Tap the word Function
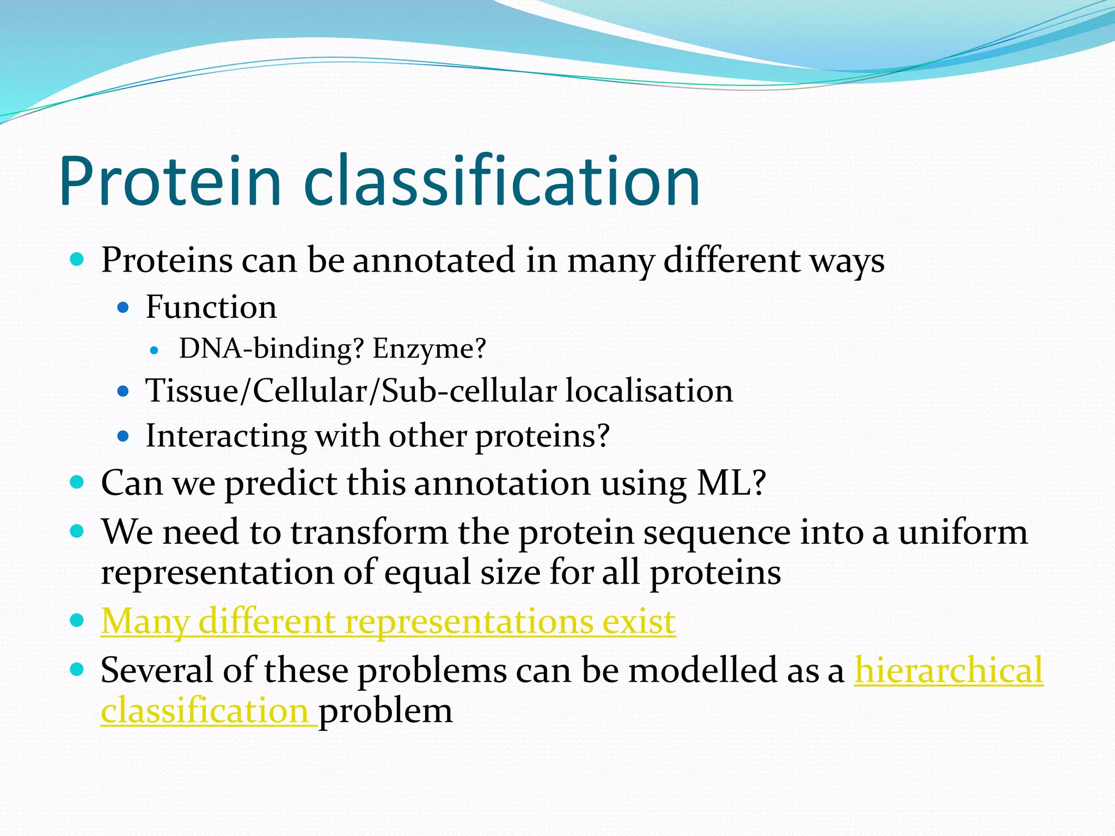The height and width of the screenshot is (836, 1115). point(211,307)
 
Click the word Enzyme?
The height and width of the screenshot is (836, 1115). point(429,348)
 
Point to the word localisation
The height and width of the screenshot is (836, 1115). point(648,391)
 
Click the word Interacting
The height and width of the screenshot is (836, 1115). point(226,436)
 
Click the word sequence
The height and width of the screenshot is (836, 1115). point(716,532)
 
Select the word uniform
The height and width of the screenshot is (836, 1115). point(963,532)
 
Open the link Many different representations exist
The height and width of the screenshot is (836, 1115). point(388,621)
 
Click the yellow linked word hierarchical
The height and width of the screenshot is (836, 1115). point(948,670)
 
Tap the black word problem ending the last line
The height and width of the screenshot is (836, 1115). point(385,711)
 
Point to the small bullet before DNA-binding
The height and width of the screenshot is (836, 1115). point(155,351)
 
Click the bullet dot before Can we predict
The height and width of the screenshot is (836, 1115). point(77,482)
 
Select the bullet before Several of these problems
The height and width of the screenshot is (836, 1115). point(77,669)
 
